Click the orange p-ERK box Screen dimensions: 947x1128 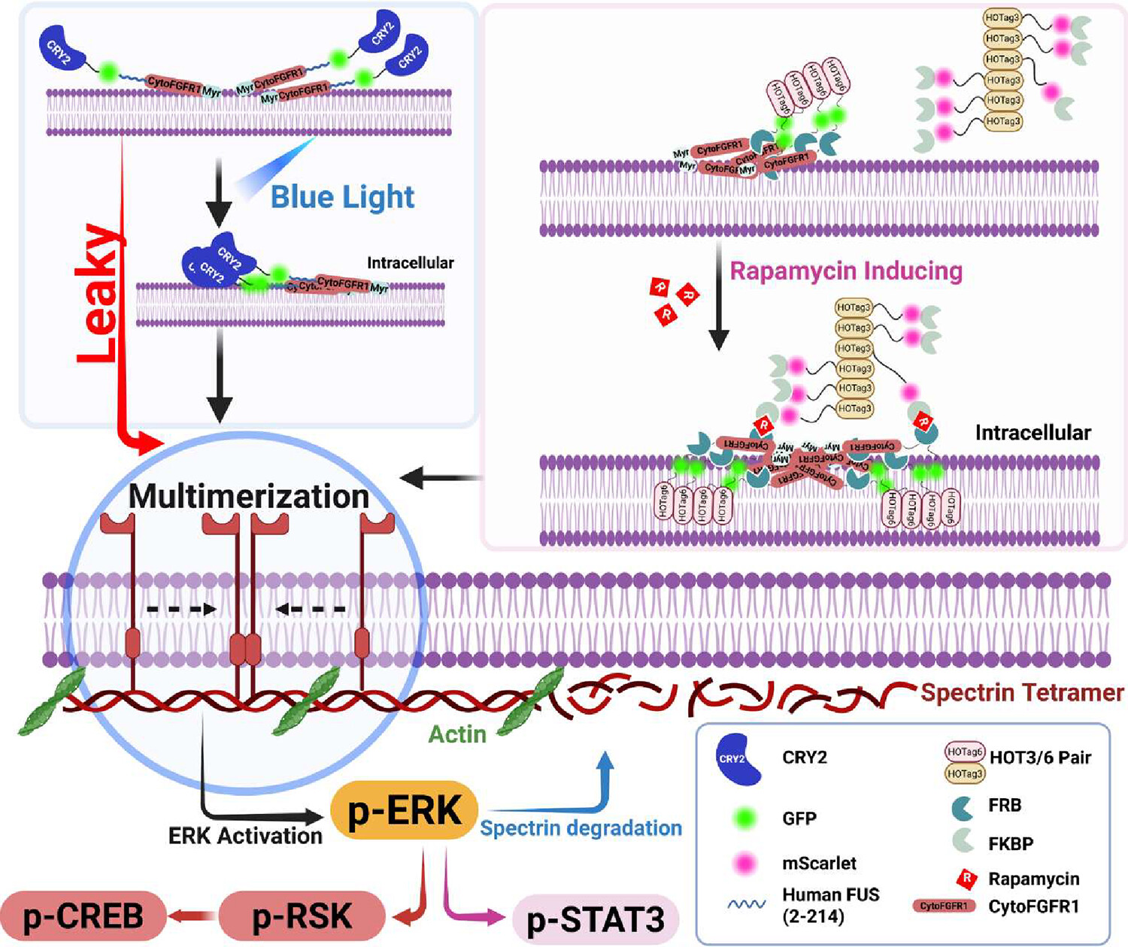click(405, 811)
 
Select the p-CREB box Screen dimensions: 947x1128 click(83, 916)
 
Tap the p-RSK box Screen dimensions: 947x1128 click(302, 916)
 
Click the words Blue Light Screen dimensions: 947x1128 click(342, 197)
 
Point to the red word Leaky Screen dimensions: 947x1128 click(99, 293)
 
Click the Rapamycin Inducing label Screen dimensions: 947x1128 click(846, 271)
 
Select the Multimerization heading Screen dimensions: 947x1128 click(249, 496)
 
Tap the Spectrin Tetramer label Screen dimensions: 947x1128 click(1022, 692)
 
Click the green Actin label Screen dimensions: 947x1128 click(457, 734)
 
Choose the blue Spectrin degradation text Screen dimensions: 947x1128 click(581, 828)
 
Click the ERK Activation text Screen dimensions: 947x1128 click(245, 836)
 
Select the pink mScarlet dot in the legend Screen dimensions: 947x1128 click(744, 864)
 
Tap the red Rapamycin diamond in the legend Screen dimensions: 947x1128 click(966, 879)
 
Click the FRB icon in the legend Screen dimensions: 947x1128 click(963, 806)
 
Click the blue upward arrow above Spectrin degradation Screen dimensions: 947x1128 click(605, 782)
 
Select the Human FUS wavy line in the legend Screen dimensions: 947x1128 click(746, 904)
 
